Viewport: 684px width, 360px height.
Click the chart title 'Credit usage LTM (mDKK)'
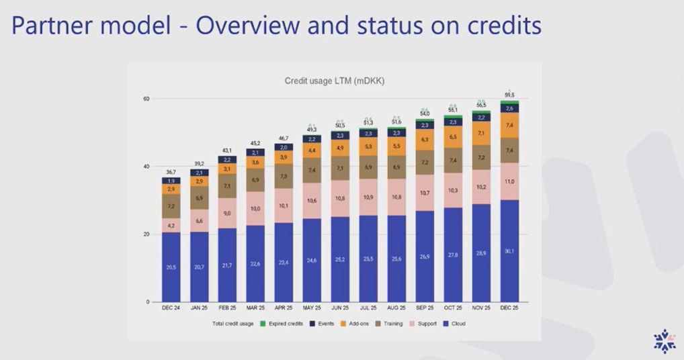334,81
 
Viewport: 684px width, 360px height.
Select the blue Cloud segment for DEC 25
509,251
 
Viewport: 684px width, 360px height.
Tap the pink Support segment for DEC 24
171,225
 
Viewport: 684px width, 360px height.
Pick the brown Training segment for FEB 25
227,186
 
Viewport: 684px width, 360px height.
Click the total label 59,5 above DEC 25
509,95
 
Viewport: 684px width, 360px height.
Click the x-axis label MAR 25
255,308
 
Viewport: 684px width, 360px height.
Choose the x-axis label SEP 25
425,308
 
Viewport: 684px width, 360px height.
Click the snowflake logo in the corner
665,341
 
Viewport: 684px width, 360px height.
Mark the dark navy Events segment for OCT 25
453,122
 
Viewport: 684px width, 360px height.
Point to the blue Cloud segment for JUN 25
340,259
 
